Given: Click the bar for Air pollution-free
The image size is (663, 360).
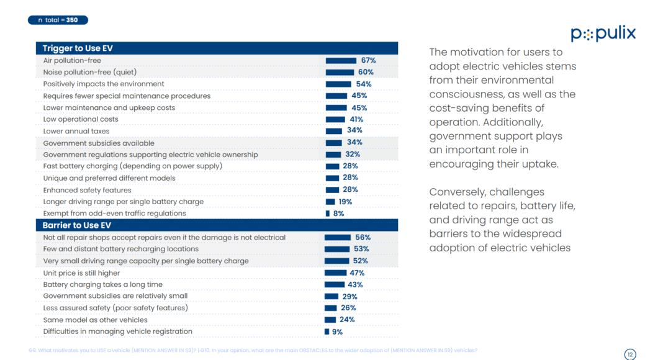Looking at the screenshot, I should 341,61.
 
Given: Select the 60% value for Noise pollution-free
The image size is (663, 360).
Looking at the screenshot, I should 365,73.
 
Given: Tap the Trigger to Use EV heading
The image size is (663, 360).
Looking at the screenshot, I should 78,48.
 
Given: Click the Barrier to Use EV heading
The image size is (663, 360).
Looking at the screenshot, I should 77,225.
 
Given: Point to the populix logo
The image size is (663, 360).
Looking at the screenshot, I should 603,34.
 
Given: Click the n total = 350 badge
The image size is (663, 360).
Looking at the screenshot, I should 58,20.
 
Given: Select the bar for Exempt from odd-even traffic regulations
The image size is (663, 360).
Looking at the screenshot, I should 328,214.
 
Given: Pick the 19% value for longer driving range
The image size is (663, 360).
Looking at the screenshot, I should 345,202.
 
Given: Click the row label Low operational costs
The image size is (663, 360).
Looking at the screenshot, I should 81,119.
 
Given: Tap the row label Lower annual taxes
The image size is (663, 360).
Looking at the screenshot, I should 76,131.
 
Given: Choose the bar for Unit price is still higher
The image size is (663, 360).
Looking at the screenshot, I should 336,272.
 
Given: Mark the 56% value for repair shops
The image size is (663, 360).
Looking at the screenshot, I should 363,237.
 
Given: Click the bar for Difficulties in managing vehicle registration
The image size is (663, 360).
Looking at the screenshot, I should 327,331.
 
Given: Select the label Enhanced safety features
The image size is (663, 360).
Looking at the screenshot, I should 88,190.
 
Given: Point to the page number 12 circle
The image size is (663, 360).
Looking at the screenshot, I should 630,354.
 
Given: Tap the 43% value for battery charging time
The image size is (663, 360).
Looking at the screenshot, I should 354,284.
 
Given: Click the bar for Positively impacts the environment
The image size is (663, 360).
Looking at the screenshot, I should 339,84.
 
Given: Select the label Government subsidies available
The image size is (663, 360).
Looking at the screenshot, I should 90,143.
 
